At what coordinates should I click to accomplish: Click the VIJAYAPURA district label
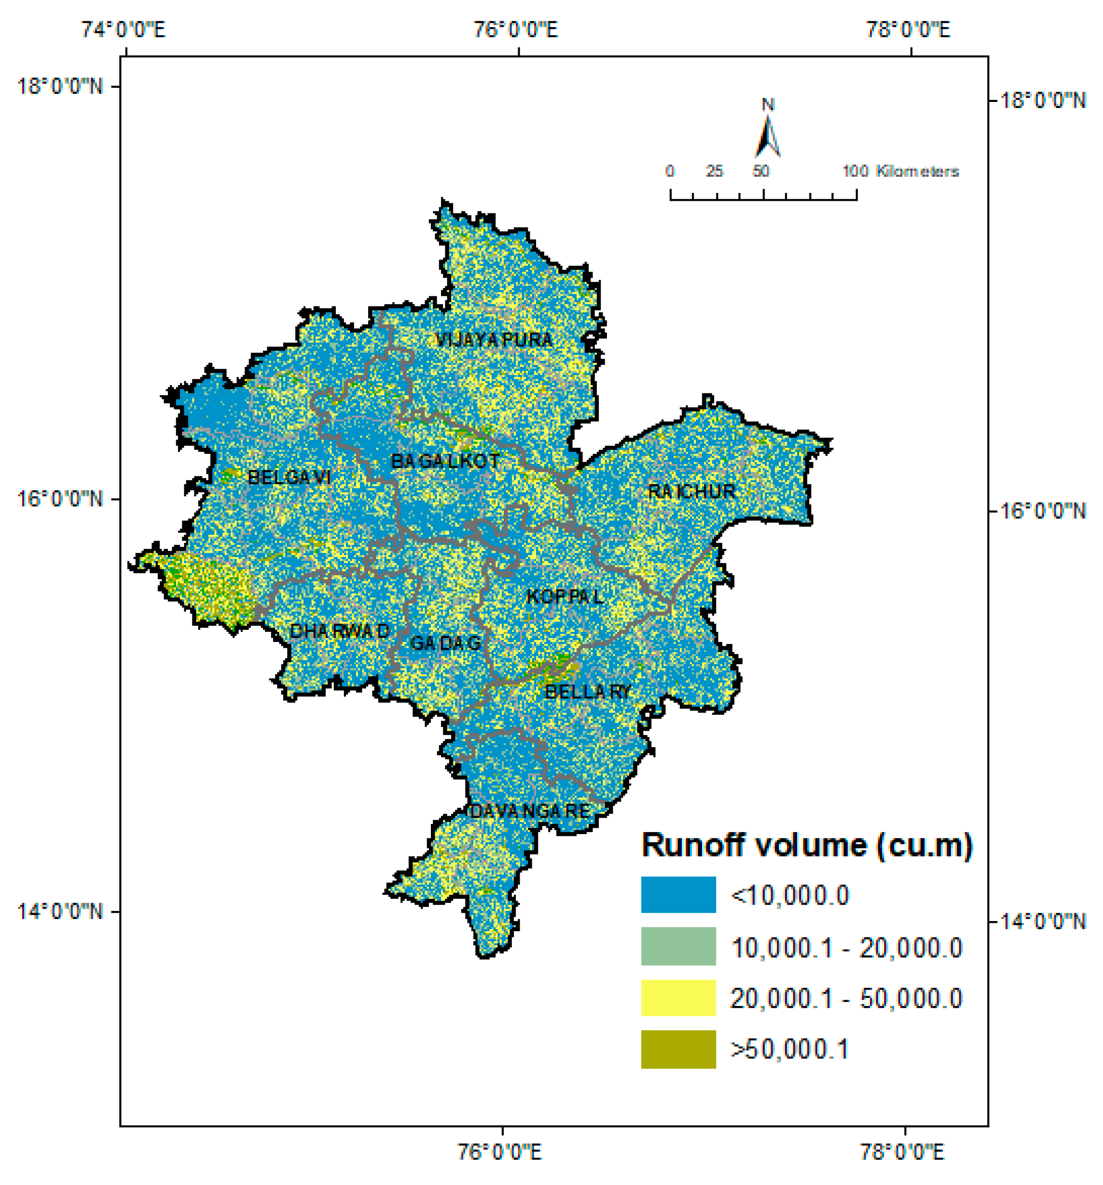coord(494,340)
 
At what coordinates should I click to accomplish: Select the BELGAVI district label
coord(289,477)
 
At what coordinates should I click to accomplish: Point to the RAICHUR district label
coord(691,492)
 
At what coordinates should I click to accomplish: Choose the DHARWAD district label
coord(339,631)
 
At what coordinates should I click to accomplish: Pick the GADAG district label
coord(446,643)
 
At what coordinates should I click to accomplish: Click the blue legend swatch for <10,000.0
coord(678,895)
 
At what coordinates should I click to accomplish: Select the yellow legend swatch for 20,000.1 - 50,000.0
coord(678,998)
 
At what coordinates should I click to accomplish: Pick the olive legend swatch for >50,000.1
coord(678,1049)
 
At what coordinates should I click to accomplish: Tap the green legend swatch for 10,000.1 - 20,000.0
coord(678,947)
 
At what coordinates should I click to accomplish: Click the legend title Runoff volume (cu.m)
coord(807,845)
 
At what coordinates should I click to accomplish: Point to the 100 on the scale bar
coord(855,172)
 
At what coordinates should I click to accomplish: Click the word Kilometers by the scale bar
coord(917,172)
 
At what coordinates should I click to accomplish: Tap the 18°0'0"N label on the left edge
coord(60,87)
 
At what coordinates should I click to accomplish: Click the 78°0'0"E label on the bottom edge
coord(902,1152)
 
